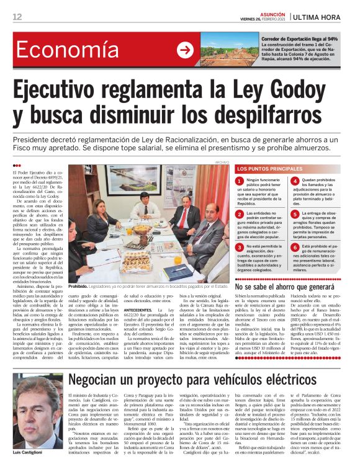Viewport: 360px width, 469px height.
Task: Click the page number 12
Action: click(x=17, y=16)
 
